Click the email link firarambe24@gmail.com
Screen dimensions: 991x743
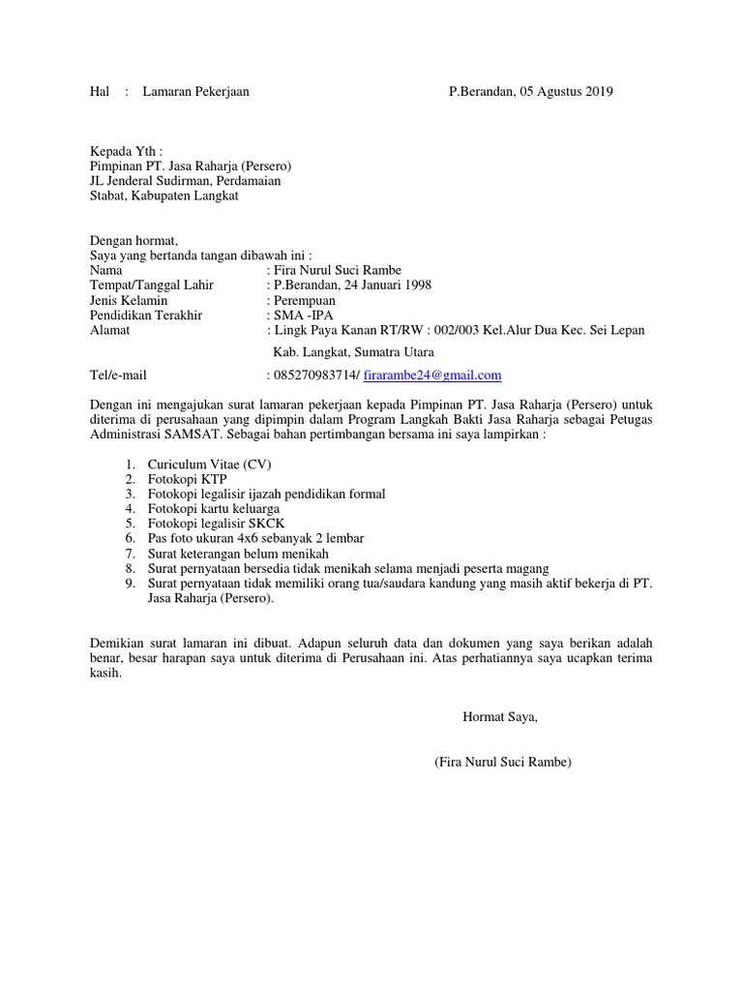click(432, 375)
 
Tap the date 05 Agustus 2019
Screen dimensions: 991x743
click(566, 92)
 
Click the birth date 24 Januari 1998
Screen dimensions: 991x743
click(380, 285)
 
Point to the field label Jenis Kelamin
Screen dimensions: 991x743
click(129, 300)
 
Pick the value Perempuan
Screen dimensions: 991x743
click(307, 300)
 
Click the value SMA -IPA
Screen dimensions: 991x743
click(302, 315)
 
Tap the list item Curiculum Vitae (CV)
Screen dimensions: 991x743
click(210, 465)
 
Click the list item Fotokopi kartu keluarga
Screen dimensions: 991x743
click(214, 508)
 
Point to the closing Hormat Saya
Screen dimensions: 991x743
click(499, 717)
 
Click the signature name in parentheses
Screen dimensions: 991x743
click(503, 763)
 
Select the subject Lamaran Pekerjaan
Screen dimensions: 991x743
click(195, 92)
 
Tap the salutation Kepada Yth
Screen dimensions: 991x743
click(126, 151)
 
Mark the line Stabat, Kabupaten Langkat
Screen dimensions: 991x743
click(163, 195)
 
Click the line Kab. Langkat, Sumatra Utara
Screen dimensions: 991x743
click(354, 352)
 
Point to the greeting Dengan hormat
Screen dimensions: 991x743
click(134, 241)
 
